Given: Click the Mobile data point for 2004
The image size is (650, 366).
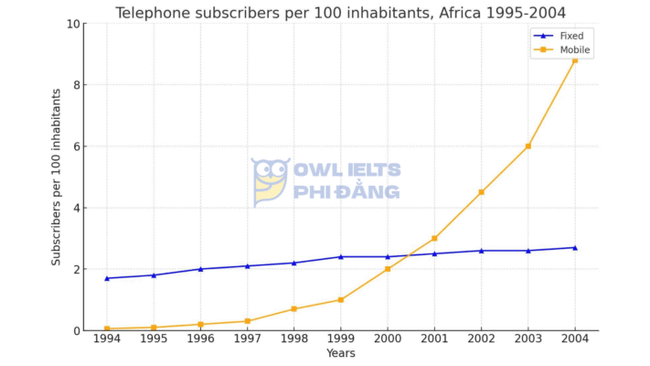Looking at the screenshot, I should [574, 60].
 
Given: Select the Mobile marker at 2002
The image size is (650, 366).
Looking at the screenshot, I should [481, 192].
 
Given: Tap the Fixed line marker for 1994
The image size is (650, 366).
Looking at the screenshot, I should [107, 278].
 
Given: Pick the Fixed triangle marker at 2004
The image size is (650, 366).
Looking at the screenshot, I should [574, 247].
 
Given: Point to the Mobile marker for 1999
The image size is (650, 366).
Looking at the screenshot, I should [341, 299].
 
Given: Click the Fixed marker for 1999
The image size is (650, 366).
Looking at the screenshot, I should [341, 256].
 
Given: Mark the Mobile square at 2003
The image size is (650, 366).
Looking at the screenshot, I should [527, 146].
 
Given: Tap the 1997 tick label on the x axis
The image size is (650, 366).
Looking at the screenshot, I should [248, 339].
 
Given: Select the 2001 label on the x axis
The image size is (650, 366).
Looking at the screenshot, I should [434, 339].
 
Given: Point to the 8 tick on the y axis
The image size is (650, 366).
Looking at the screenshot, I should [75, 85].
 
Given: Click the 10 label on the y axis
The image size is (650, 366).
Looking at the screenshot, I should [72, 24].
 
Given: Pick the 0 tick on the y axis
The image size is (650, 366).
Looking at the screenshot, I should [75, 330].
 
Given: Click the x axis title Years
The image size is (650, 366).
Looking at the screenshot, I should [340, 353].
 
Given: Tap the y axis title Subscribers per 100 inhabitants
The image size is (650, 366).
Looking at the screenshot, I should [56, 177].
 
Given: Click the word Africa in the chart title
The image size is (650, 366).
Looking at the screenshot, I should [433, 12].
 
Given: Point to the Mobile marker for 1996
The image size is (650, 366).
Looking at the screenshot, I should [200, 324].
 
